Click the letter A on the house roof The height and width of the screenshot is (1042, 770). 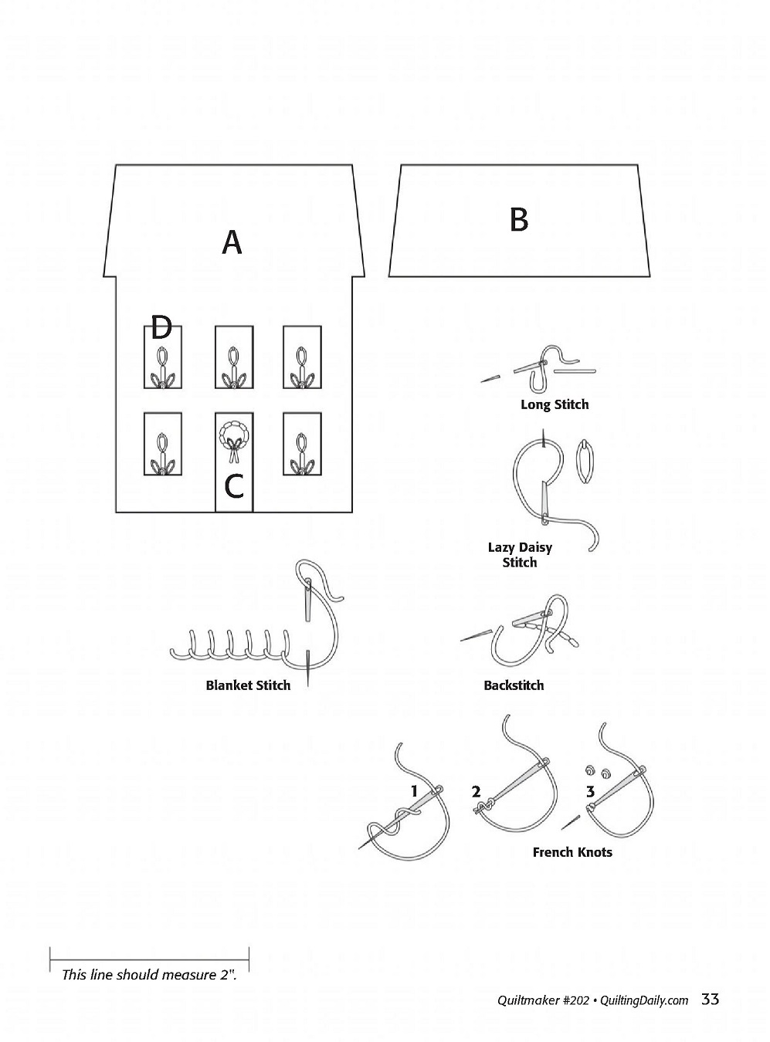pyautogui.click(x=232, y=242)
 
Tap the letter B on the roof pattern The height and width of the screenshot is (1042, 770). pyautogui.click(x=519, y=220)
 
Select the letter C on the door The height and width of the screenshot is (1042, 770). pyautogui.click(x=233, y=486)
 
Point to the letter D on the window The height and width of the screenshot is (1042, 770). pyautogui.click(x=161, y=328)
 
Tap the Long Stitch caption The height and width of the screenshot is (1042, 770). pyautogui.click(x=555, y=404)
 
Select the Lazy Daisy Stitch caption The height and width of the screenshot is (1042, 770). pyautogui.click(x=520, y=555)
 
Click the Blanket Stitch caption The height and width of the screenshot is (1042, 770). pyautogui.click(x=248, y=685)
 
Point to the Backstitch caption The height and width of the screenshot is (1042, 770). pyautogui.click(x=514, y=685)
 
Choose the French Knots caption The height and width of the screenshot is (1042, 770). pyautogui.click(x=572, y=852)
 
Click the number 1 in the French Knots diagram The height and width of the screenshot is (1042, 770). pyautogui.click(x=415, y=791)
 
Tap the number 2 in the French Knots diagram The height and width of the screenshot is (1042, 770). pyautogui.click(x=477, y=791)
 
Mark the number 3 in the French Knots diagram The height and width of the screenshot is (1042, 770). pyautogui.click(x=591, y=791)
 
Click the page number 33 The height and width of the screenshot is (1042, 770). pyautogui.click(x=711, y=1000)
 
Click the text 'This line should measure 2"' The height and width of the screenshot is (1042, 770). pyautogui.click(x=149, y=975)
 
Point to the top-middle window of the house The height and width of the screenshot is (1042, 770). pyautogui.click(x=233, y=357)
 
